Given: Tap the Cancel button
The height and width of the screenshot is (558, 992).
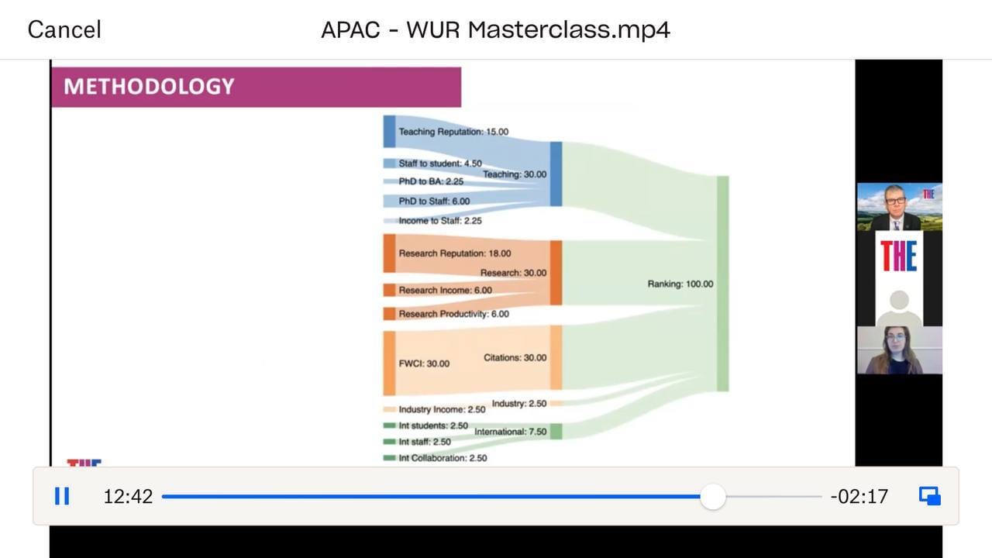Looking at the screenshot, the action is pyautogui.click(x=64, y=29).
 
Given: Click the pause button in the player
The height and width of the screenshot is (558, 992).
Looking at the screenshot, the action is pyautogui.click(x=62, y=496).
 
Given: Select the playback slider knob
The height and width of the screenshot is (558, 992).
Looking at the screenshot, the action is pyautogui.click(x=713, y=497).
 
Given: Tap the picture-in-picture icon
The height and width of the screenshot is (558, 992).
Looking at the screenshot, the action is pyautogui.click(x=930, y=496).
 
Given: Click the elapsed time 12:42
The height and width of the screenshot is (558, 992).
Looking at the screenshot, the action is pyautogui.click(x=128, y=497).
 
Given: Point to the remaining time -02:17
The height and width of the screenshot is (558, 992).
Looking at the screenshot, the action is pyautogui.click(x=859, y=497).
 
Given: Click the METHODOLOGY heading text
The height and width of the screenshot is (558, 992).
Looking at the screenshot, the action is pyautogui.click(x=149, y=86).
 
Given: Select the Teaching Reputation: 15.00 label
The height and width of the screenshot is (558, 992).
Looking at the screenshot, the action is pyautogui.click(x=453, y=132).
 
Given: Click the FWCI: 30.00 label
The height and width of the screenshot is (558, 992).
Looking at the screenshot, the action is pyautogui.click(x=424, y=363).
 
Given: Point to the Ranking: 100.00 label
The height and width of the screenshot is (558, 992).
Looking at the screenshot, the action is pyautogui.click(x=680, y=284).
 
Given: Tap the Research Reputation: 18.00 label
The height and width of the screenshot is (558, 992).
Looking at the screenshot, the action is pyautogui.click(x=455, y=253).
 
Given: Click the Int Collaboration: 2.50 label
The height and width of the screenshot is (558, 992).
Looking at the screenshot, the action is pyautogui.click(x=443, y=458).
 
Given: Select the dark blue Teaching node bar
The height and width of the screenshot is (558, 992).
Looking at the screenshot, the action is pyautogui.click(x=556, y=174).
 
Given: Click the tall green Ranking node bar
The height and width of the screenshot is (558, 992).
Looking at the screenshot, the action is pyautogui.click(x=723, y=284).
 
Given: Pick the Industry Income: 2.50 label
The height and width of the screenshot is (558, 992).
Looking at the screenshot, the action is pyautogui.click(x=442, y=409).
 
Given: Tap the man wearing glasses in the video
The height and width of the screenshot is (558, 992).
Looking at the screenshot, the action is pyautogui.click(x=895, y=207).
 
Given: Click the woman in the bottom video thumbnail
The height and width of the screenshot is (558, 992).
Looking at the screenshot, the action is pyautogui.click(x=895, y=351).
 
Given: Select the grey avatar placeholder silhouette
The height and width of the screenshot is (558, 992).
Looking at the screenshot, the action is pyautogui.click(x=899, y=308).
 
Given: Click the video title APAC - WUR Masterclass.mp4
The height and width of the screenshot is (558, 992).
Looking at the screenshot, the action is pyautogui.click(x=495, y=29).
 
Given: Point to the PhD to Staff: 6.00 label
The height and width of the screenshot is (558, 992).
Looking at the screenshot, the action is pyautogui.click(x=434, y=201).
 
